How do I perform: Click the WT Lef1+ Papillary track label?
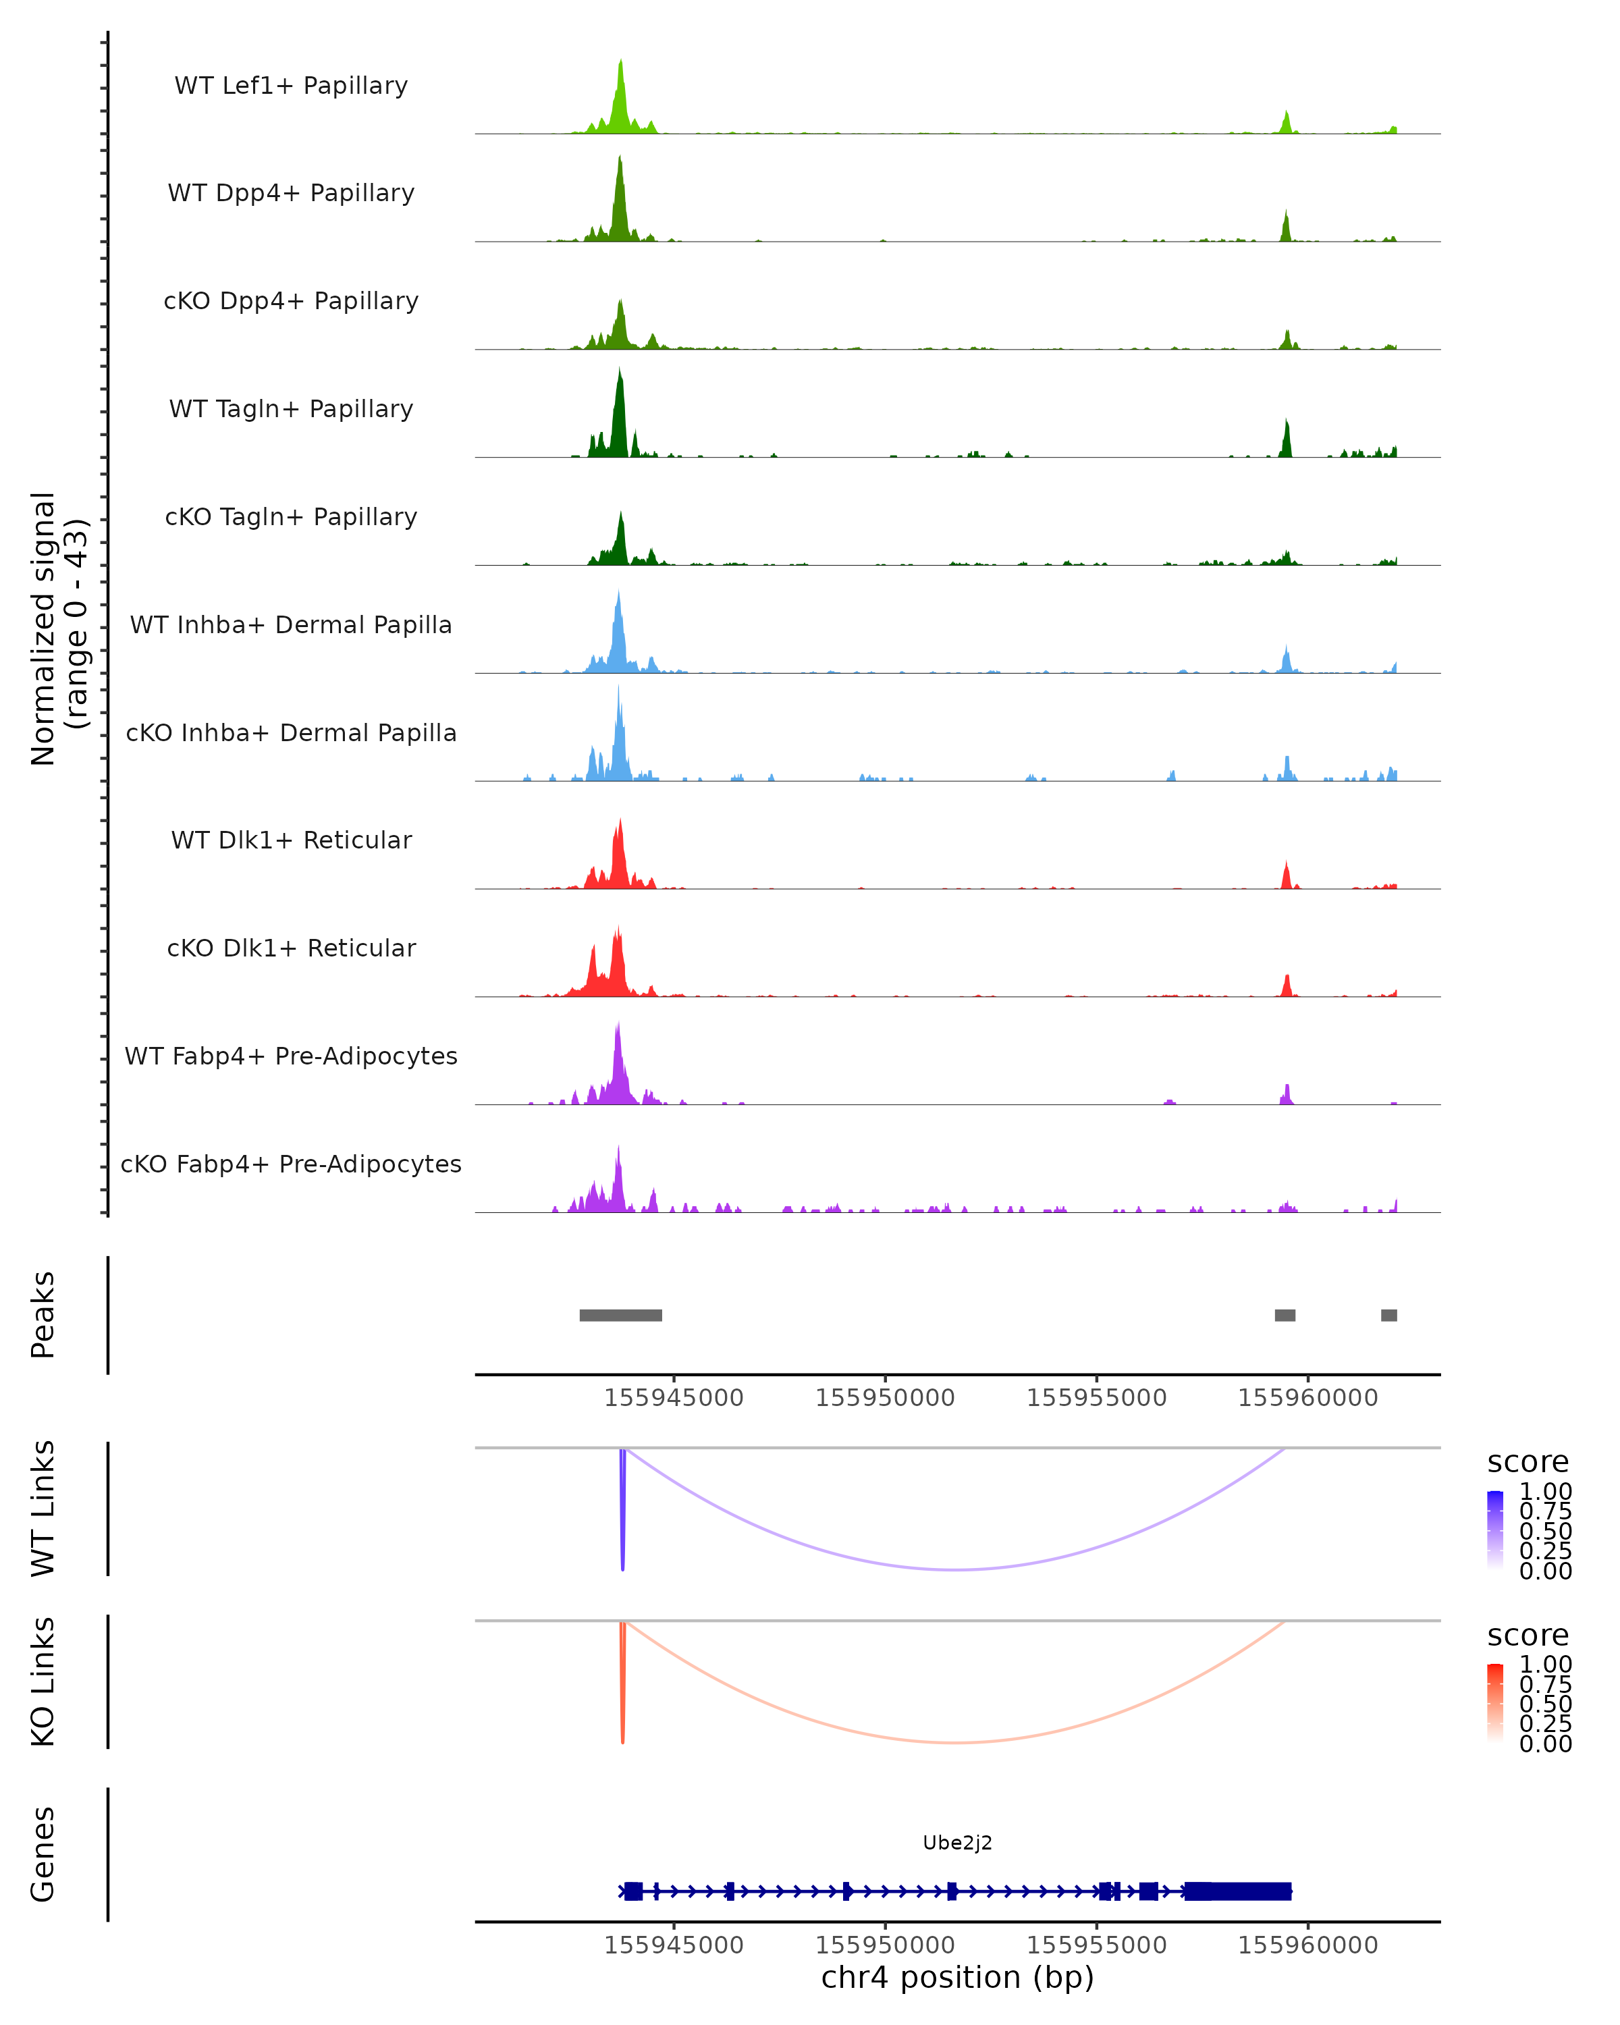coord(291,86)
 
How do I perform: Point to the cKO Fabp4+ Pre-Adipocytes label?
coord(291,1164)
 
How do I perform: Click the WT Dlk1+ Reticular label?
coord(291,840)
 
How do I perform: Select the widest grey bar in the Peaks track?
coord(621,1315)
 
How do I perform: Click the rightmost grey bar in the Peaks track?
coord(1389,1315)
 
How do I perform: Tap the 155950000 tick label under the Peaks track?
coord(885,1398)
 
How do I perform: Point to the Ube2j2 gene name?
coord(957,1843)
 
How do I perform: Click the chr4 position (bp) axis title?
coord(957,1978)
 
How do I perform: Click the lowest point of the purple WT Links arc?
coord(955,1569)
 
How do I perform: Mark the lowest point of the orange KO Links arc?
coord(955,1742)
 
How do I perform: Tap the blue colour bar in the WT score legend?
coord(1495,1528)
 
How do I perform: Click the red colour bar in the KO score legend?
coord(1495,1701)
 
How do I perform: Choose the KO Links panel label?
coord(43,1681)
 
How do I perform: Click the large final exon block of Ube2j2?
coord(1238,1891)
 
